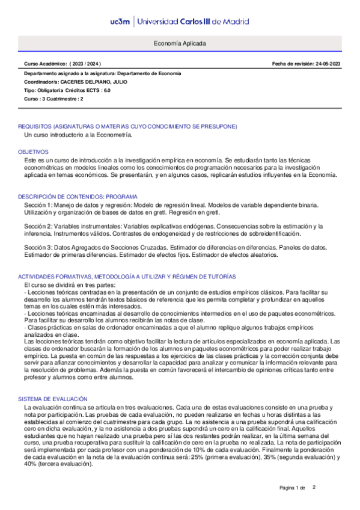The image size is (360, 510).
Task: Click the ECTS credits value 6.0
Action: (107, 90)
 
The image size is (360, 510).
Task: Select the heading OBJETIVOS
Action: (32, 153)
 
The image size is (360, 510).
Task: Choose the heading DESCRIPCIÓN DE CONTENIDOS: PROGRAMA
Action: (78, 197)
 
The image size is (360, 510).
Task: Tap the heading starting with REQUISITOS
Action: (127, 126)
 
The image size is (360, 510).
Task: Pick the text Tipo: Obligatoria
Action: (45, 90)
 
